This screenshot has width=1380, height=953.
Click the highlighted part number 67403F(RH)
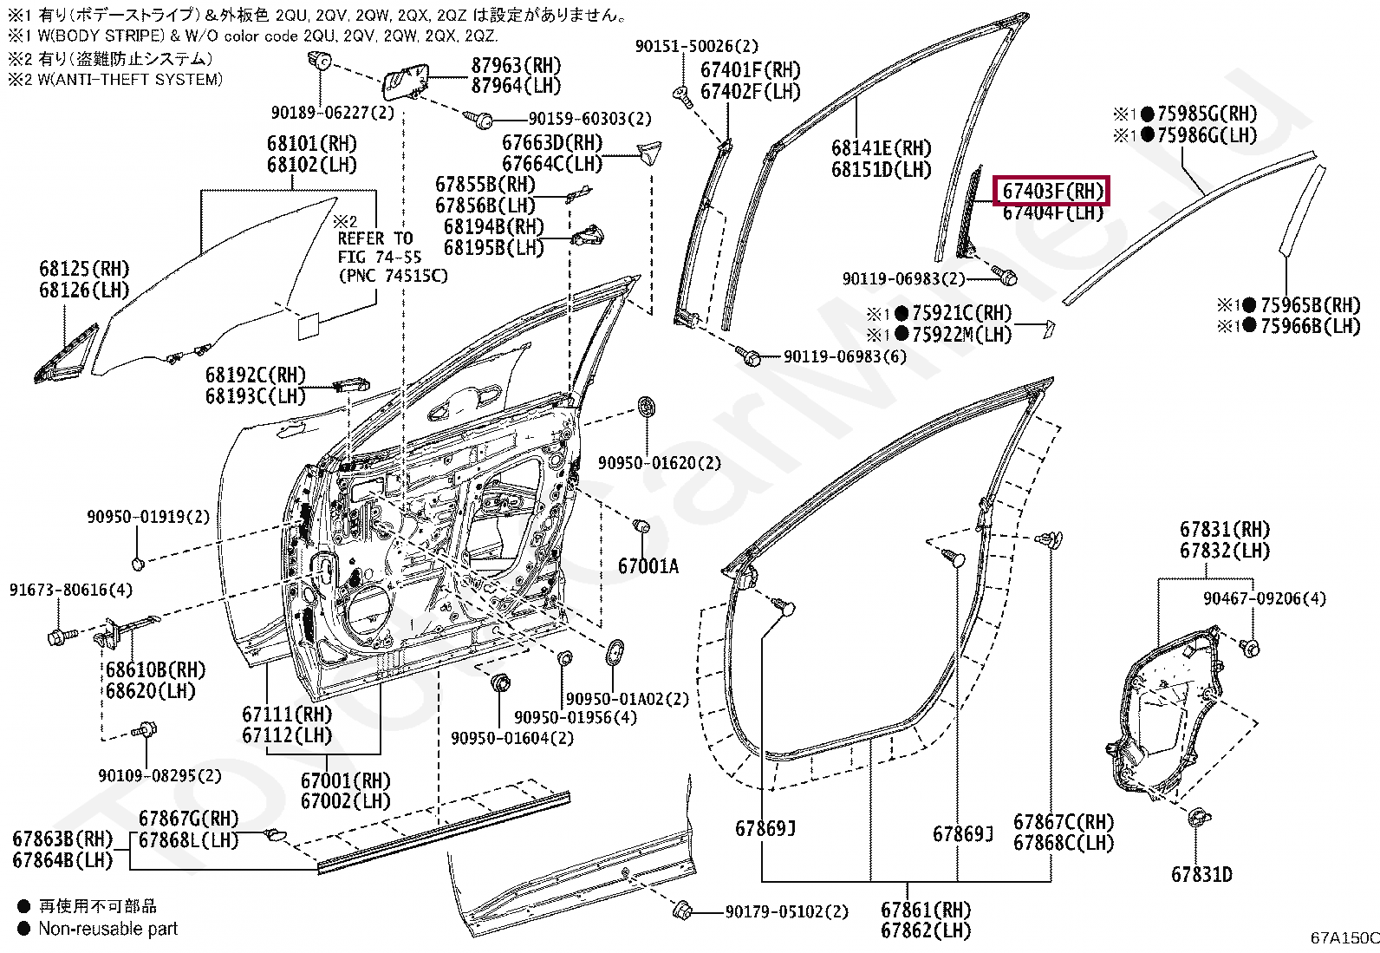[x=1053, y=191]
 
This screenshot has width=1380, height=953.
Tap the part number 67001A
[x=648, y=566]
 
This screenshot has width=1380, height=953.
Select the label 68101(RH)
[x=311, y=144]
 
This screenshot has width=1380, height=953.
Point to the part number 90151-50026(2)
[x=696, y=46]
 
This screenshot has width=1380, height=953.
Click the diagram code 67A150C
[x=1344, y=937]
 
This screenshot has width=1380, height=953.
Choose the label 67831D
[x=1201, y=875]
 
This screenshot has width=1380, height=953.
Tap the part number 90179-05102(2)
[x=786, y=911]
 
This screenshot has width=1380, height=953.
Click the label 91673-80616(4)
[x=71, y=590]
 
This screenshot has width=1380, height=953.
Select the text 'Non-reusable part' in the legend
[x=107, y=929]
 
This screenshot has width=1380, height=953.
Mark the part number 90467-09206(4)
[x=1264, y=598]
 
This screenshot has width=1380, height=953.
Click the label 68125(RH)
[x=83, y=269]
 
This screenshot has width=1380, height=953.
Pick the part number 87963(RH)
[x=516, y=66]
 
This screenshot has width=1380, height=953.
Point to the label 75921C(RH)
[x=961, y=313]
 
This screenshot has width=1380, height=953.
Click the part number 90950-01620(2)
[x=659, y=463]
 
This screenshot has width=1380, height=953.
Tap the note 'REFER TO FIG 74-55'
[x=379, y=248]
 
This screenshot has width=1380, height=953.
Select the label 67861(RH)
[x=925, y=910]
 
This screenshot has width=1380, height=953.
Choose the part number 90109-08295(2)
[x=159, y=775]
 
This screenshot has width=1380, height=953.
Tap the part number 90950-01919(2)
[x=148, y=517]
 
